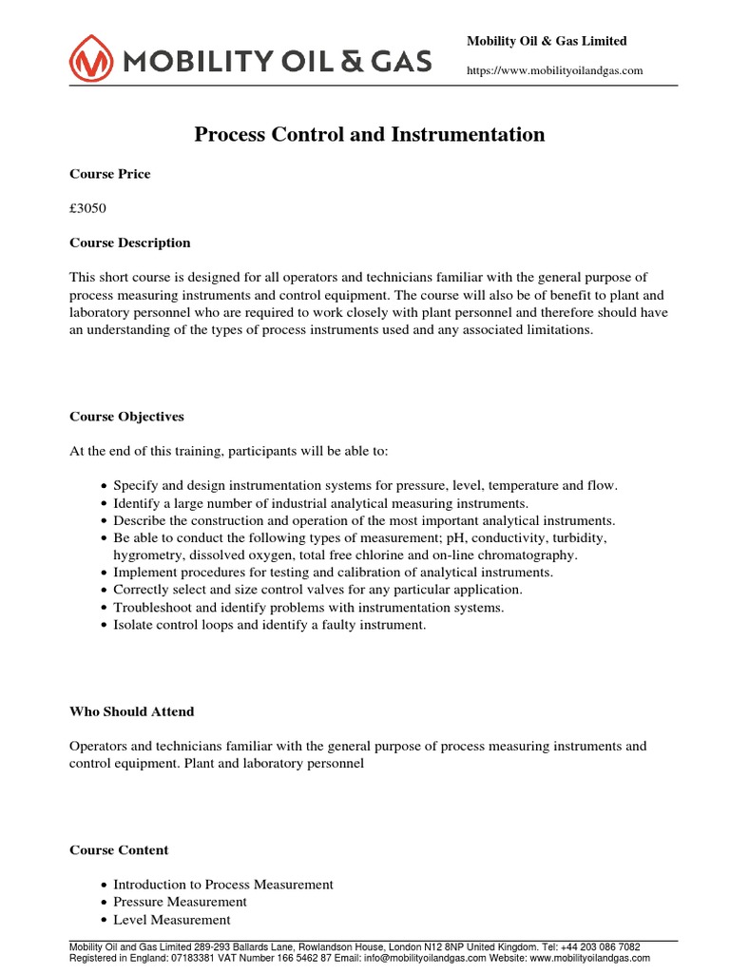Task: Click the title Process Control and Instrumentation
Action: pos(370,134)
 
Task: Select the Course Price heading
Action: pos(110,174)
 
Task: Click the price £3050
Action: pos(89,208)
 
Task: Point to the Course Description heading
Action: pos(130,243)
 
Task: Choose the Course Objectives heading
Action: pos(127,417)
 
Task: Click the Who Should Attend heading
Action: pos(132,711)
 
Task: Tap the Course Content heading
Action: pos(119,850)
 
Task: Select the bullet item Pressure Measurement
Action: pos(180,902)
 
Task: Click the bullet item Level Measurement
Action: pos(172,920)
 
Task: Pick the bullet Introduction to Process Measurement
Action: pos(223,885)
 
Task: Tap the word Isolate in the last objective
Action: pos(133,625)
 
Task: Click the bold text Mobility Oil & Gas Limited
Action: pos(547,41)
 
